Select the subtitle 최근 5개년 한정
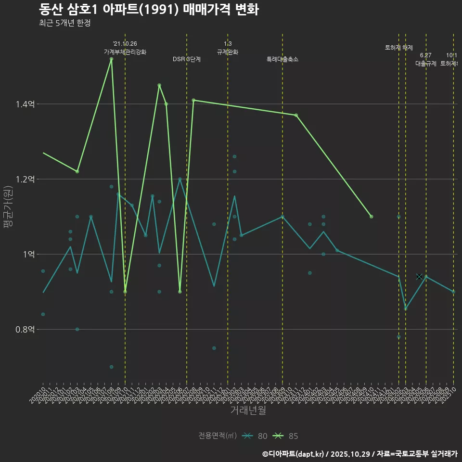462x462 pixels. [64, 23]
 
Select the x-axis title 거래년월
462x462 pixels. [248, 411]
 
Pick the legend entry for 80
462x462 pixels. [255, 436]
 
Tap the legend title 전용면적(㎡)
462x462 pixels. [218, 436]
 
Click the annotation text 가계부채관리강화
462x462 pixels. [125, 52]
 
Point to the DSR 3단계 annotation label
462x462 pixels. [187, 59]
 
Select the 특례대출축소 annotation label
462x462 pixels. [282, 59]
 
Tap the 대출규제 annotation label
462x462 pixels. [426, 64]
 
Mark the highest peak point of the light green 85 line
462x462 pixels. [111, 59]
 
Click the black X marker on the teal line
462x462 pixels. [419, 277]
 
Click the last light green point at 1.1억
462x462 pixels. [371, 217]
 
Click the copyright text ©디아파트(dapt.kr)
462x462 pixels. [294, 453]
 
